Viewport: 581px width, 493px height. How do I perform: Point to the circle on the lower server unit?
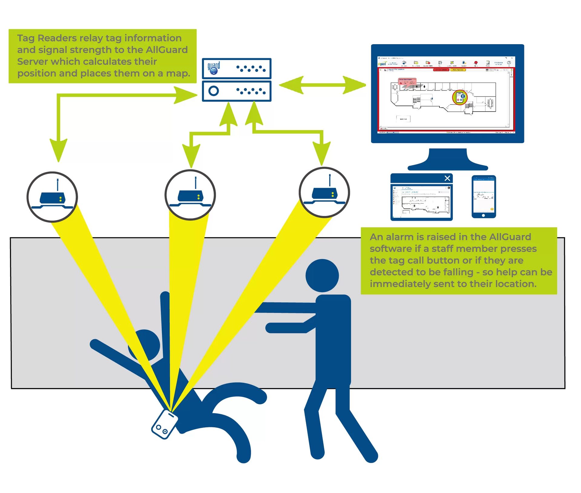click(214, 91)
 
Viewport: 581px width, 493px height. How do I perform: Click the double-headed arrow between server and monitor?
click(322, 85)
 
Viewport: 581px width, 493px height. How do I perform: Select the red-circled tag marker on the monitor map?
click(460, 97)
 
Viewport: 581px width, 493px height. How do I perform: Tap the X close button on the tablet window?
click(447, 178)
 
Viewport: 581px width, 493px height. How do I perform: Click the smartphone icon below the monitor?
click(484, 196)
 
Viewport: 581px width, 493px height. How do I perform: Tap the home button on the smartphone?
click(483, 215)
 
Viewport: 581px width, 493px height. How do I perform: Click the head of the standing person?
click(322, 276)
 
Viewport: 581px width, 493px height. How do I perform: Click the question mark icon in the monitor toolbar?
click(509, 63)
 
